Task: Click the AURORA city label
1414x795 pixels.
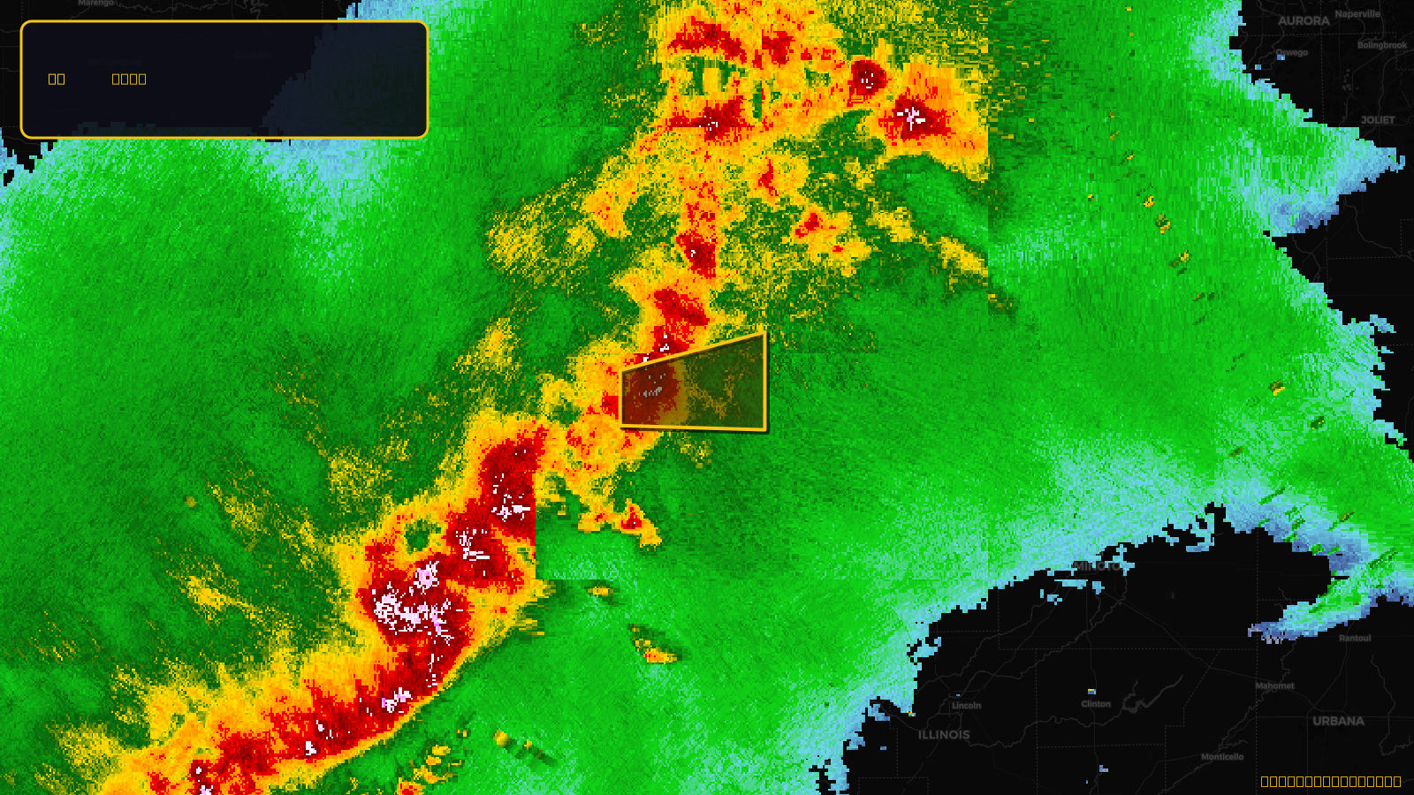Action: (1304, 21)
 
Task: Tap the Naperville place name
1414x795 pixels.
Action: (1357, 14)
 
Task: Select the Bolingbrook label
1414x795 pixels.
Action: (1382, 45)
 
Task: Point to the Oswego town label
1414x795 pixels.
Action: (1292, 53)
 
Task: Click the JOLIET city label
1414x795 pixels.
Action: (1378, 120)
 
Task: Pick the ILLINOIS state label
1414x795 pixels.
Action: (944, 735)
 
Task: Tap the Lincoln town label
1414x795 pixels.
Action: (966, 706)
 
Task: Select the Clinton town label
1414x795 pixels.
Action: (1096, 704)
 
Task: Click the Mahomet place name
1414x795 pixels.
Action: (1274, 686)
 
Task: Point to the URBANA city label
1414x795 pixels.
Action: (1338, 722)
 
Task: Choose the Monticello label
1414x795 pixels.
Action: (1222, 757)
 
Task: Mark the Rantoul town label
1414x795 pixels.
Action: (1355, 638)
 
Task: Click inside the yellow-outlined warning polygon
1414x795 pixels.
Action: (698, 389)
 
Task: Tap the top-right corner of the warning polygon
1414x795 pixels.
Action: (764, 334)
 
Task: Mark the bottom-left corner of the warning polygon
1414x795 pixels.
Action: (622, 426)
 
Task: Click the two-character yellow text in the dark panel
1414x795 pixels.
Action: (57, 79)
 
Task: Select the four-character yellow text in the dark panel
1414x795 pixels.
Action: (129, 79)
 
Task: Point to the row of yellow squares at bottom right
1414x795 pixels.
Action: (1330, 781)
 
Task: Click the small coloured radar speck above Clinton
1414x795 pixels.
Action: (1092, 691)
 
